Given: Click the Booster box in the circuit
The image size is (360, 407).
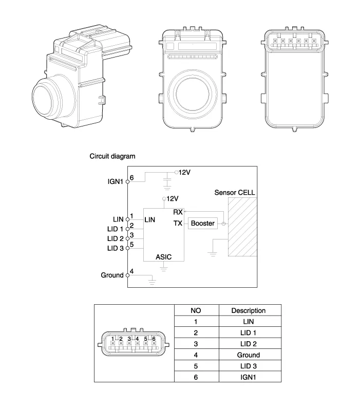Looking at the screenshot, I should [202, 224].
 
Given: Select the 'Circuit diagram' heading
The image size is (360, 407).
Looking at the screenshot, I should [112, 156].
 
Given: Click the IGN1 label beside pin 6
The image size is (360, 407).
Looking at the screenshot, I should [115, 181].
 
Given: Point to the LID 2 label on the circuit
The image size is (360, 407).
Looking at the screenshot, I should [115, 238].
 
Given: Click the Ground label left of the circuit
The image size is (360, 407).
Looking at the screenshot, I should [112, 275].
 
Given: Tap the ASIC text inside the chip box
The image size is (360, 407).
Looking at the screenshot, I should [164, 256].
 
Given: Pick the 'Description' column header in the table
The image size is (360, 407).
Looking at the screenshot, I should [249, 310].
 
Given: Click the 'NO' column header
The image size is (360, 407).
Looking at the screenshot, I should [196, 310].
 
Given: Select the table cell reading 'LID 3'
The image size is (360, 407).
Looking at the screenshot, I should [249, 366].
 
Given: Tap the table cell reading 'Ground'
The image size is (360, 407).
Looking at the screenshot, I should [249, 355].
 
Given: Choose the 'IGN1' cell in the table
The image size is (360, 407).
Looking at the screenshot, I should [249, 377].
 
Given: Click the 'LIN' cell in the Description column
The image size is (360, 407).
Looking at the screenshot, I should [249, 322].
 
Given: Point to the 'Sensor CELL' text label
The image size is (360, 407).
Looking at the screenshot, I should [235, 193].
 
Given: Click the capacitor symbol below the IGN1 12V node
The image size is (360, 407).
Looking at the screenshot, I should [166, 180].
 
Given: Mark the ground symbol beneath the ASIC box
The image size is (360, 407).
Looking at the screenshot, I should [164, 268].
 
